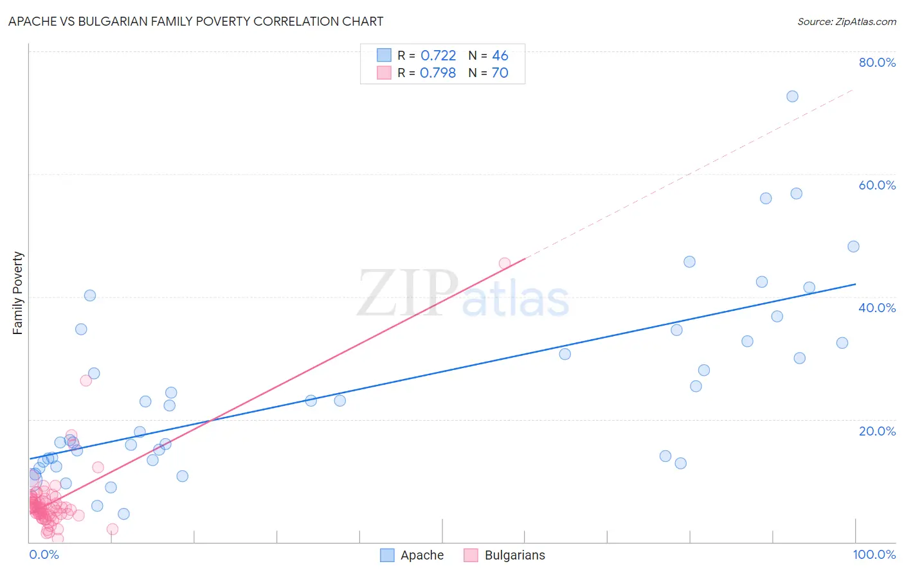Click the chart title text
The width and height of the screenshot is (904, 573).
pyautogui.click(x=195, y=21)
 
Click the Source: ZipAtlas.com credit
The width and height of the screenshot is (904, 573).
pyautogui.click(x=846, y=21)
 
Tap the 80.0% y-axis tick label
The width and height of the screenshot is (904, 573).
pyautogui.click(x=877, y=62)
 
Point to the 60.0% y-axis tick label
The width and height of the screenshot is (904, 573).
pyautogui.click(x=877, y=185)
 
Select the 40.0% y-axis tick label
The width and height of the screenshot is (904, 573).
pyautogui.click(x=877, y=308)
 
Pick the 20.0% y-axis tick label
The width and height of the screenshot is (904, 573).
pyautogui.click(x=877, y=431)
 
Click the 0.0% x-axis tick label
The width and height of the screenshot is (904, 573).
pyautogui.click(x=44, y=554)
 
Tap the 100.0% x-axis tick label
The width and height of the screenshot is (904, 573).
pyautogui.click(x=874, y=554)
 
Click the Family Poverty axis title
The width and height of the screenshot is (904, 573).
pyautogui.click(x=18, y=293)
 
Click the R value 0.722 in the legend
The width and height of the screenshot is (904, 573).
pyautogui.click(x=438, y=56)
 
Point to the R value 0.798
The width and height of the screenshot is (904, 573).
pyautogui.click(x=438, y=73)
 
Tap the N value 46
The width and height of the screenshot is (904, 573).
pyautogui.click(x=500, y=56)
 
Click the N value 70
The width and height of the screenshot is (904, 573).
pyautogui.click(x=500, y=73)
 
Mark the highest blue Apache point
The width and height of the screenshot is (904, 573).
pyautogui.click(x=792, y=96)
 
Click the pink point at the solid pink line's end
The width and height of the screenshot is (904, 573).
pyautogui.click(x=505, y=263)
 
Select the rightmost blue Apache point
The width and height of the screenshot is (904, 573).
pyautogui.click(x=853, y=247)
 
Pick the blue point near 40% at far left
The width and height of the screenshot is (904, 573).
pyautogui.click(x=90, y=295)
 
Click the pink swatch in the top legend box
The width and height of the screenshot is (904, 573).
pyautogui.click(x=384, y=73)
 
